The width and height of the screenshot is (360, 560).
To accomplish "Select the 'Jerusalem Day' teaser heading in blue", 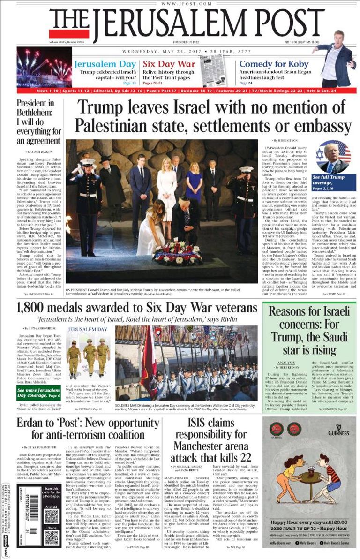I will click(105, 64).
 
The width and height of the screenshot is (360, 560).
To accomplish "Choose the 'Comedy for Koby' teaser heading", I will click(274, 64).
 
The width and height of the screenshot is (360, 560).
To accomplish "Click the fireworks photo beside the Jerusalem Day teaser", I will click(44, 67).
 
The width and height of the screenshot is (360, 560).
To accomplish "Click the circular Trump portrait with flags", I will click(333, 156).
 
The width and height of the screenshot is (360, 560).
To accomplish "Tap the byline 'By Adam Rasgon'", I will click(39, 152).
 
